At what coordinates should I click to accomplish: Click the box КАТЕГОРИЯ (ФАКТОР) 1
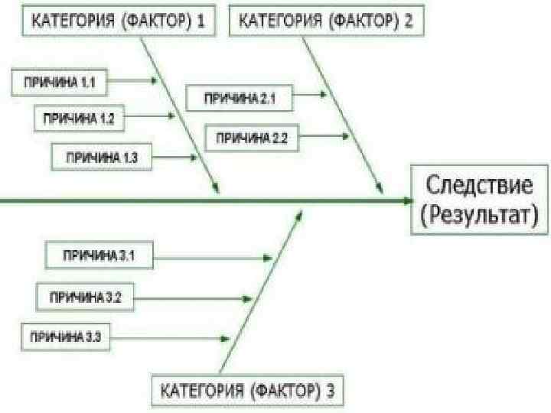(x=117, y=21)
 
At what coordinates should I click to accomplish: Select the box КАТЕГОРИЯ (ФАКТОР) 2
(x=327, y=21)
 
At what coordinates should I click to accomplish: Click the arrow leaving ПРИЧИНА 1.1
(x=135, y=79)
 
